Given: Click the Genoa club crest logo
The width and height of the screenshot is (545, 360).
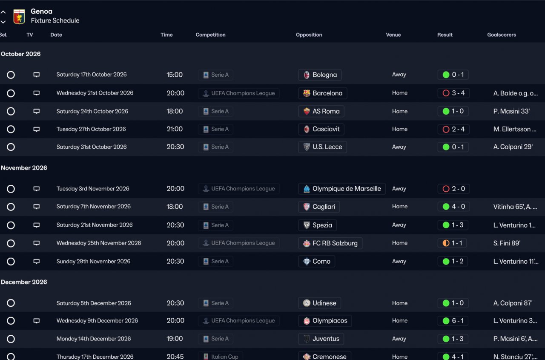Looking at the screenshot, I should click(19, 16).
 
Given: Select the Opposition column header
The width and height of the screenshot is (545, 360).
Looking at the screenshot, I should click(309, 35).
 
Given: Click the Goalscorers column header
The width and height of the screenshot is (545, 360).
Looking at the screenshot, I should click(501, 35).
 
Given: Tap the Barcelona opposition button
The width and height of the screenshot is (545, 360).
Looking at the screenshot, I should click(322, 93).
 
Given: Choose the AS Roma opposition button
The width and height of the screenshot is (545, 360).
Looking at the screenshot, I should click(321, 111).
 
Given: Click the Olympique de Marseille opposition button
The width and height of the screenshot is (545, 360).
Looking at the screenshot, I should click(341, 189).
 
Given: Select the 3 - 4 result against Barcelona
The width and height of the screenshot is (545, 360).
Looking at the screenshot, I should click(453, 93).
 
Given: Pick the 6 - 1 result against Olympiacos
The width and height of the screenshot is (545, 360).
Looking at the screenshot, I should click(453, 321).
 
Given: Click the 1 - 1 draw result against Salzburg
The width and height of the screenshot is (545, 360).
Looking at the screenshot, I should click(452, 243).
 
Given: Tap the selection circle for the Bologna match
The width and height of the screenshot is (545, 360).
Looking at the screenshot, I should click(11, 75).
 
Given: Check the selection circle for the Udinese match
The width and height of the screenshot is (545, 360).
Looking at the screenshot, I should click(11, 303).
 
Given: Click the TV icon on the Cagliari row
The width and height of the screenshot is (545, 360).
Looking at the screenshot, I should click(37, 207).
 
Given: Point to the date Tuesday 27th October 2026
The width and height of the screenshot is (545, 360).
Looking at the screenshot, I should click(91, 129).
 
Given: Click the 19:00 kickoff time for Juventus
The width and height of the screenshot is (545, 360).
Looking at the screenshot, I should click(175, 339).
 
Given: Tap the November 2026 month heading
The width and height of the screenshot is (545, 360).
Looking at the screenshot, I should click(24, 168).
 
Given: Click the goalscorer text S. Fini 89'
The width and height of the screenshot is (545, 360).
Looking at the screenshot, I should click(507, 243).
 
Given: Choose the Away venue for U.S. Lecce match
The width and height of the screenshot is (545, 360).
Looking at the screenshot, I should click(399, 147).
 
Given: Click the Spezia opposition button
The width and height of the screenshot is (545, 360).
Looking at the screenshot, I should click(318, 225).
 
